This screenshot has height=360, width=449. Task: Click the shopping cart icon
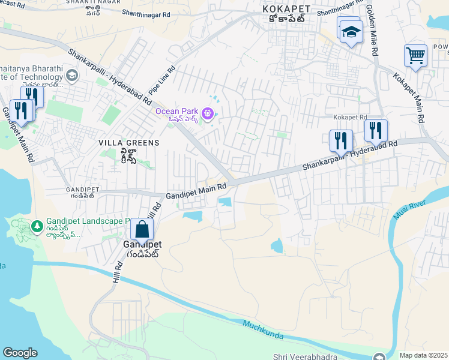tap(415, 56)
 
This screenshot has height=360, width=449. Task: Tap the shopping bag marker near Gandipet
tap(142, 230)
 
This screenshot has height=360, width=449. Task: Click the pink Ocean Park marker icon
tap(208, 112)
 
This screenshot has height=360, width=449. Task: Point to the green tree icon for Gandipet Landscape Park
tap(37, 225)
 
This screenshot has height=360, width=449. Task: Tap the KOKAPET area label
tap(286, 9)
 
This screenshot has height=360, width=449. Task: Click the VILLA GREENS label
tap(129, 143)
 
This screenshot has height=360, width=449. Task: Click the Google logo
tap(20, 353)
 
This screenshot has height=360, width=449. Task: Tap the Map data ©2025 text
tap(423, 355)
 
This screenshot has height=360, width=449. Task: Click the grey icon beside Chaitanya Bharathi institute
tap(72, 75)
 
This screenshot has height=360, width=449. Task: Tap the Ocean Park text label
tap(177, 111)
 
